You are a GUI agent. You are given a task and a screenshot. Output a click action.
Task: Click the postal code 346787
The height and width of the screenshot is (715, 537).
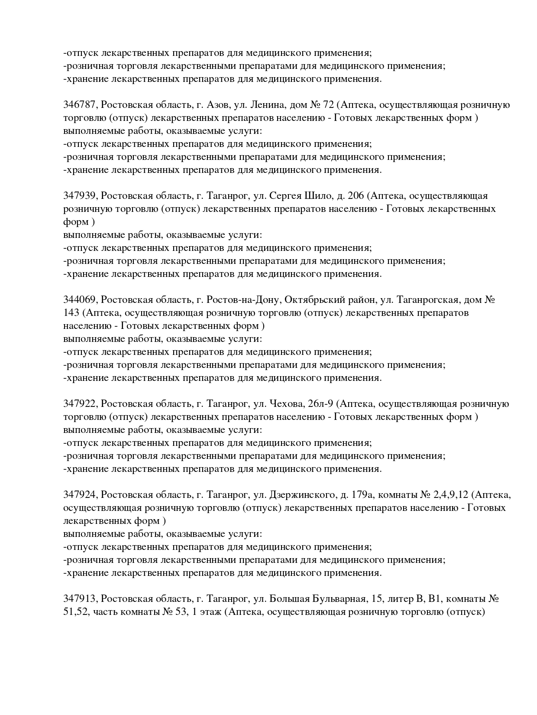tap(81, 105)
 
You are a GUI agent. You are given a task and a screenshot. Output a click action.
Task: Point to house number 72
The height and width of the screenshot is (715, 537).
tap(327, 105)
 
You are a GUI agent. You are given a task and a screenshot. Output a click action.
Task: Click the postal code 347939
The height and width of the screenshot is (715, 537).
tap(81, 196)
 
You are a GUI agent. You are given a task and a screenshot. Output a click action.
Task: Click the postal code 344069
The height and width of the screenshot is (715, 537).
tap(81, 300)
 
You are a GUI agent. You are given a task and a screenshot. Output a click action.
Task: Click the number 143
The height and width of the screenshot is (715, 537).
tap(71, 313)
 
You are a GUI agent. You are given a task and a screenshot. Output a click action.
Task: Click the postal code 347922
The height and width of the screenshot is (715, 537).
tap(81, 404)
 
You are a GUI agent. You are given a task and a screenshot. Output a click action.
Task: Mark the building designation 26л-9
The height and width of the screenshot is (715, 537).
tap(321, 404)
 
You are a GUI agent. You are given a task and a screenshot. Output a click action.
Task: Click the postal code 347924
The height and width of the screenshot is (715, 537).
tap(81, 495)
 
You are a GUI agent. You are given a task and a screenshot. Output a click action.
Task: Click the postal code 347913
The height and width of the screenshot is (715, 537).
tap(81, 599)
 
